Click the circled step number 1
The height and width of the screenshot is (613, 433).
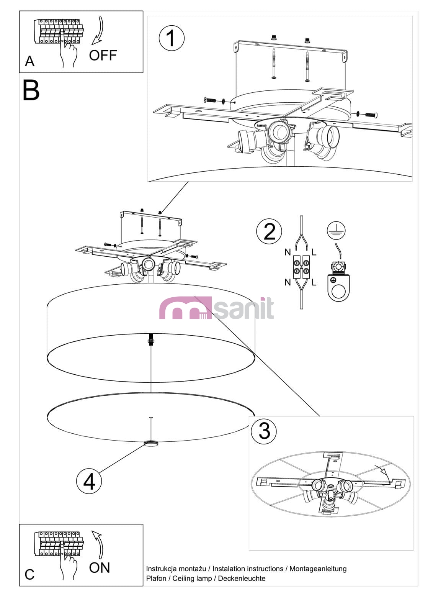(172, 38)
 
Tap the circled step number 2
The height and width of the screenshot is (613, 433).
(269, 231)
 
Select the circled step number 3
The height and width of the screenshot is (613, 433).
(264, 431)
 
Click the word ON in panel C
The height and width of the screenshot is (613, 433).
(100, 567)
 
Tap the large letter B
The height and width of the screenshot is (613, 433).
(31, 90)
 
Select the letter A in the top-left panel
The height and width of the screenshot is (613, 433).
(30, 61)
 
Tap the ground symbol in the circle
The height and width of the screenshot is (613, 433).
(336, 230)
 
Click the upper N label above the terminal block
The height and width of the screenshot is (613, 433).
(288, 252)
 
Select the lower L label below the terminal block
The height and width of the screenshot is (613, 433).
(314, 282)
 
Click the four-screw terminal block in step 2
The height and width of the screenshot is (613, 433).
(301, 267)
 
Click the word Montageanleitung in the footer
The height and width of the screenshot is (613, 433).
(318, 569)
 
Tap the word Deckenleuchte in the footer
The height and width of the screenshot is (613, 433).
(242, 579)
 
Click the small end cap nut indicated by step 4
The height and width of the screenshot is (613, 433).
(151, 444)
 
